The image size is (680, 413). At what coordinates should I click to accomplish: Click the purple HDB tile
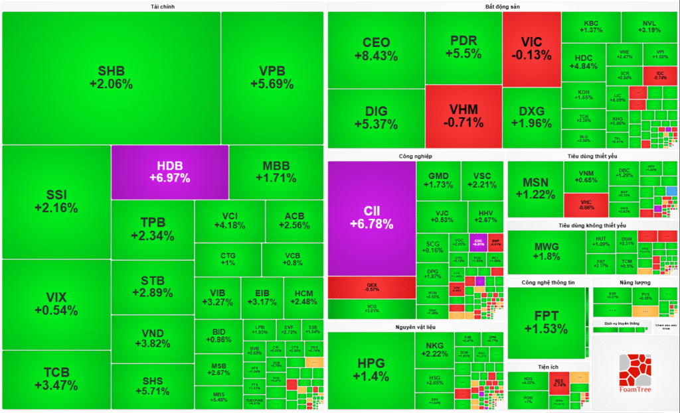(169, 172)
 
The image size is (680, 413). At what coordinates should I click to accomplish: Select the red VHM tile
(463, 116)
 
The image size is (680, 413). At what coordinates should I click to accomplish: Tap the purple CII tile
(371, 217)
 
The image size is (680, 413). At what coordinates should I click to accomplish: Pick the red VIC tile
(531, 48)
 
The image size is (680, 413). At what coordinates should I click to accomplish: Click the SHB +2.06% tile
(111, 78)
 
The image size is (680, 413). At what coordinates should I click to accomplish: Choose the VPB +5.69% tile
(272, 78)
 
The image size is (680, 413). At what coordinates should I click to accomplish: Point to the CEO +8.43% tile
(376, 50)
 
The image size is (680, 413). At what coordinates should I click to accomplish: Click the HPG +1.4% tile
(371, 370)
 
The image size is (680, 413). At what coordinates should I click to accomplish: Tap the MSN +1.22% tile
(535, 188)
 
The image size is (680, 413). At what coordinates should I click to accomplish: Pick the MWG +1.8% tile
(546, 251)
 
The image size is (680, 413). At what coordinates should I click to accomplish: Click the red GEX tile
(372, 287)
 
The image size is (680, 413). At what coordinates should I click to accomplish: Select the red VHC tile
(586, 205)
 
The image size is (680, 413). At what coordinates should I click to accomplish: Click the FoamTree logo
(635, 372)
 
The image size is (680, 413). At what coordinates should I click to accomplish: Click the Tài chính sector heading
(162, 7)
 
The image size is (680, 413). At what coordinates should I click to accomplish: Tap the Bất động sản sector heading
(502, 7)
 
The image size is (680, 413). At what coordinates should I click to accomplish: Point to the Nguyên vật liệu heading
(414, 327)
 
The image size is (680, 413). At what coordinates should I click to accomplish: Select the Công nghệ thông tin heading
(547, 282)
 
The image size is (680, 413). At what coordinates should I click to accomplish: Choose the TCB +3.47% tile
(56, 379)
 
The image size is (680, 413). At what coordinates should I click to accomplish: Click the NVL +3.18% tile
(649, 27)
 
